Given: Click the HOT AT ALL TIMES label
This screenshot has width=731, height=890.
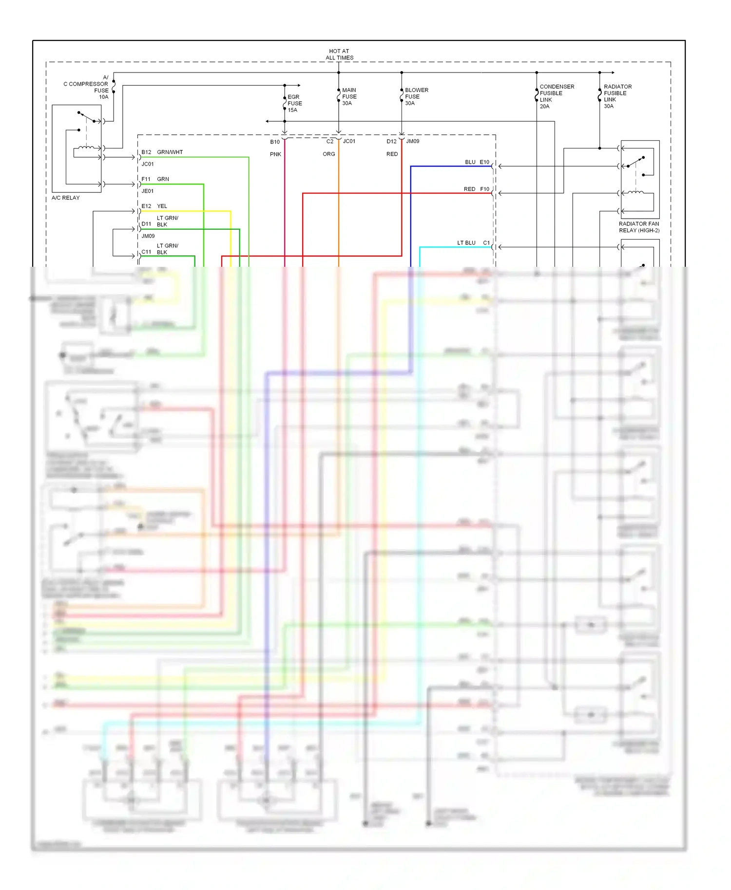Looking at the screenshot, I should [x=339, y=54].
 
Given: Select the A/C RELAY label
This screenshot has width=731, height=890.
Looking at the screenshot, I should [x=65, y=198].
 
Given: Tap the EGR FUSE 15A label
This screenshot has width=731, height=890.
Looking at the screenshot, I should [x=294, y=103].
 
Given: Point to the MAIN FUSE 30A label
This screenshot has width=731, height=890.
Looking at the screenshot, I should [x=349, y=96].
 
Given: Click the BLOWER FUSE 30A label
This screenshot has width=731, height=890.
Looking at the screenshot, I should [x=416, y=96].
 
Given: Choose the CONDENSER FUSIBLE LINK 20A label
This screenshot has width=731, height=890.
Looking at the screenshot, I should [x=556, y=96].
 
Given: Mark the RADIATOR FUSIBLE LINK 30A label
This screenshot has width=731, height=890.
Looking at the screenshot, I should [x=617, y=96].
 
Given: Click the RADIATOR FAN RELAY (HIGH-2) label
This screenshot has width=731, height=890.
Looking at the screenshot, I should [x=638, y=227].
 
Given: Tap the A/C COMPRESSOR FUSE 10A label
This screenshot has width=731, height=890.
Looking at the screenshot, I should [x=87, y=87].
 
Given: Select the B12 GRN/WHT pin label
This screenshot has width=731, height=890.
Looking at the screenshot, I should [x=162, y=152].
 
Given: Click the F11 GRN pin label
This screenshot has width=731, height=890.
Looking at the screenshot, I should [x=155, y=179].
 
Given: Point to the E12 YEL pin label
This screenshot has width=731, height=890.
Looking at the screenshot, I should [x=154, y=206].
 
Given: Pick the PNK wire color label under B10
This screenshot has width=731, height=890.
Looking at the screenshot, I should [x=275, y=154].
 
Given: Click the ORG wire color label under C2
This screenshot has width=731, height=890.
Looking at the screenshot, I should [x=329, y=154].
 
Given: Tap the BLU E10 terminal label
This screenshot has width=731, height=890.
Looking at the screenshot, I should [x=477, y=162].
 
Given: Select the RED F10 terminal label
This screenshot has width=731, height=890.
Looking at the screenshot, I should [x=476, y=189].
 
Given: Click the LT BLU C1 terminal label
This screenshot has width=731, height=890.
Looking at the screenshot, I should [x=473, y=242].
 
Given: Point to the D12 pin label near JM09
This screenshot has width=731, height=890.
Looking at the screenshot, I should [x=391, y=141].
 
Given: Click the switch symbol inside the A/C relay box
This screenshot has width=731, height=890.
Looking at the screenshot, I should [x=87, y=117].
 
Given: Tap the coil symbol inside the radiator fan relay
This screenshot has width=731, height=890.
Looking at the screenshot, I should [x=635, y=193].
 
